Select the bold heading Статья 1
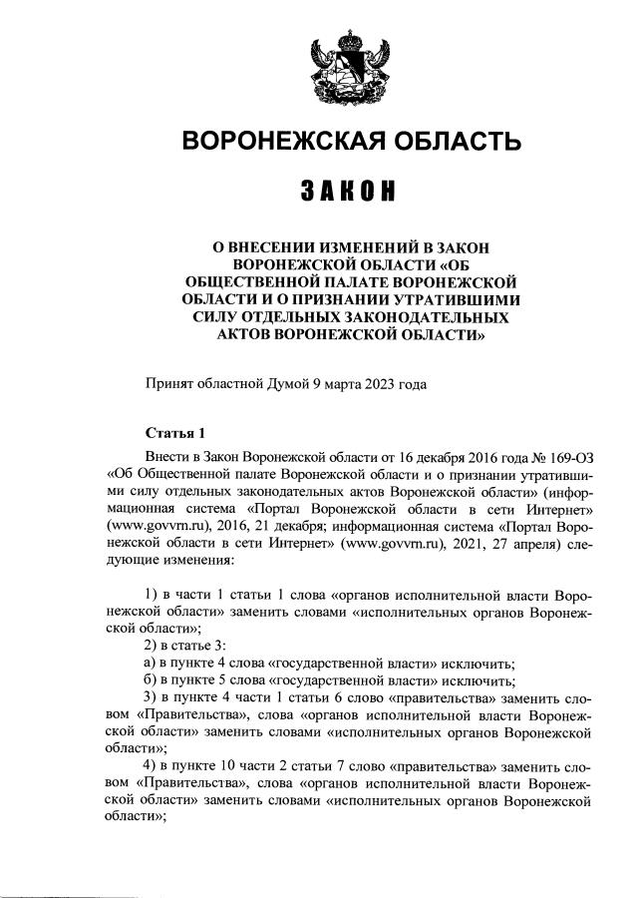[x=174, y=432]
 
